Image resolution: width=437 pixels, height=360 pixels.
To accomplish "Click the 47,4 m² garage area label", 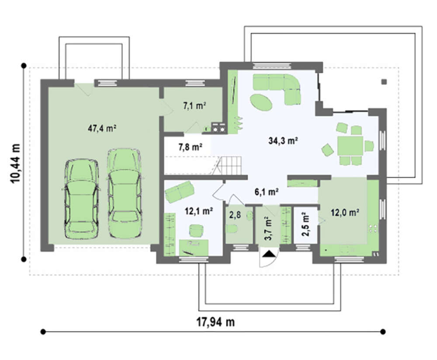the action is (102, 129).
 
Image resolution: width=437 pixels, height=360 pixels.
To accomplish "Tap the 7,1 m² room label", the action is (194, 106).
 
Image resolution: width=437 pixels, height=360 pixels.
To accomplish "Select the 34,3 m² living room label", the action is (283, 141).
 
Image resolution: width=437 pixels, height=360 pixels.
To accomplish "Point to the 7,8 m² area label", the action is (191, 147).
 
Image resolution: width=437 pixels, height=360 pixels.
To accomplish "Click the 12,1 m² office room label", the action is (199, 211).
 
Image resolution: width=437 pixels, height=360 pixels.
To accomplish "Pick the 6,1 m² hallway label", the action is (267, 192).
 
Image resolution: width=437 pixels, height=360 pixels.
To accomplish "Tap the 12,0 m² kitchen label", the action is (345, 213).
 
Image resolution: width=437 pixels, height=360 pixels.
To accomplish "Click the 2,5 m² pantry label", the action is (305, 224).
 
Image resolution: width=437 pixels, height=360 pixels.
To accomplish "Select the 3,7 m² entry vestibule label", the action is (268, 228).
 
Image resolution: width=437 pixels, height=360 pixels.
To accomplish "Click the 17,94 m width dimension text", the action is (216, 322).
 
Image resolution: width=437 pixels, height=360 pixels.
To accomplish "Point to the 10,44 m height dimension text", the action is (15, 164).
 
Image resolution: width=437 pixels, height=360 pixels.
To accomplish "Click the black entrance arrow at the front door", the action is (268, 254).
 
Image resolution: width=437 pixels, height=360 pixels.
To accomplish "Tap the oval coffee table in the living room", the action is (261, 102).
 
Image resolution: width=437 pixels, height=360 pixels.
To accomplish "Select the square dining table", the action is (350, 146).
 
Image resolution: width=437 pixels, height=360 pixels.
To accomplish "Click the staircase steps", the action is (230, 165).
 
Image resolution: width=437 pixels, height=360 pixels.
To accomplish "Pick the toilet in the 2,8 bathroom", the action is (232, 229).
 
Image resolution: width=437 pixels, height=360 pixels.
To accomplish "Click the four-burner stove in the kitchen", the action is (373, 229).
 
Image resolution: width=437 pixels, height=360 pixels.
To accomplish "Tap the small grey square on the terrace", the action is (384, 82).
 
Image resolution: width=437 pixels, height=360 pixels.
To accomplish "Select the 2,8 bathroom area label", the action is (235, 215).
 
